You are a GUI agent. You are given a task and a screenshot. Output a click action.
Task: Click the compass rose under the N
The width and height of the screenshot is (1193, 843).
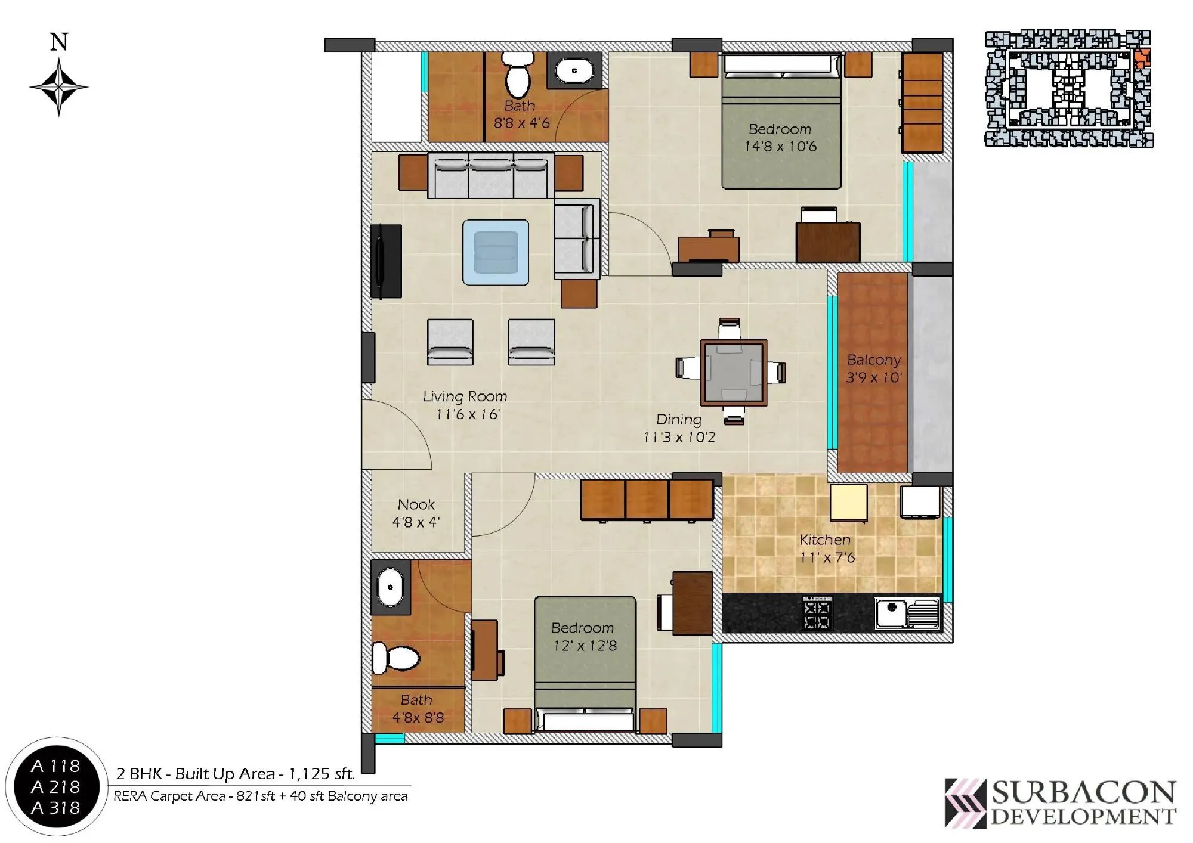(58, 88)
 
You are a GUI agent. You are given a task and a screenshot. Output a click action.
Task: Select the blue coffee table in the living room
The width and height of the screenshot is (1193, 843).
(496, 252)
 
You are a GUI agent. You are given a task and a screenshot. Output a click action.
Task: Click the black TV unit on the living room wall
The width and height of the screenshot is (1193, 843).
(386, 261)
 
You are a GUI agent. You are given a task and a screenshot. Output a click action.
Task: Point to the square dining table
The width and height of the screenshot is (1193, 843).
(733, 372)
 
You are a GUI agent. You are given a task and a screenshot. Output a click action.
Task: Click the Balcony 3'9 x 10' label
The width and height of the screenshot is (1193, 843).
(873, 368)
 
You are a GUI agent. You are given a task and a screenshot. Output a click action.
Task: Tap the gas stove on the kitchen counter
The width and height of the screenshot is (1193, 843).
(818, 613)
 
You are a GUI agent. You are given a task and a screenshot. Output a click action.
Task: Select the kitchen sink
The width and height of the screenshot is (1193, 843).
(907, 612)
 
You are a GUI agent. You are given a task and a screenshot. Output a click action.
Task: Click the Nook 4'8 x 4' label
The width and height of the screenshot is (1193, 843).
(416, 513)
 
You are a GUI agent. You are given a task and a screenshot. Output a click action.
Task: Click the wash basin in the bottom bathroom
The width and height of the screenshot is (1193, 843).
(391, 587)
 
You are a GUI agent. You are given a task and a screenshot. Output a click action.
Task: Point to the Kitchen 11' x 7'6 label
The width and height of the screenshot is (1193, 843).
(826, 548)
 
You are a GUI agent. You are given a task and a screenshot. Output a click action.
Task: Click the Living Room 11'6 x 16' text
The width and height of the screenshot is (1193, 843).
(465, 405)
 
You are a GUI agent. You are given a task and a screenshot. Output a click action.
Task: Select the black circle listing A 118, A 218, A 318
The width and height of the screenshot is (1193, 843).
(55, 787)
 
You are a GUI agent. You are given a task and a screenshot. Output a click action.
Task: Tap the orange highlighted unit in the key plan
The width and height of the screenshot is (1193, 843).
(1141, 58)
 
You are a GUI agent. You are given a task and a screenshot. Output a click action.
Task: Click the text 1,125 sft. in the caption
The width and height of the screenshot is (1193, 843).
(322, 774)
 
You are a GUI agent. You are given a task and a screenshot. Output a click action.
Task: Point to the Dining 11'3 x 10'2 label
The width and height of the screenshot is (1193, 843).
(679, 428)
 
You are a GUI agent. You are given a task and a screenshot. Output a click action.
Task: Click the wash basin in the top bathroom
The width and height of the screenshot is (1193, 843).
(574, 70)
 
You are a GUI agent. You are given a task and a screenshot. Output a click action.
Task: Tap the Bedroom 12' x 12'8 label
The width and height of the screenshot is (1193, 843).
(584, 637)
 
